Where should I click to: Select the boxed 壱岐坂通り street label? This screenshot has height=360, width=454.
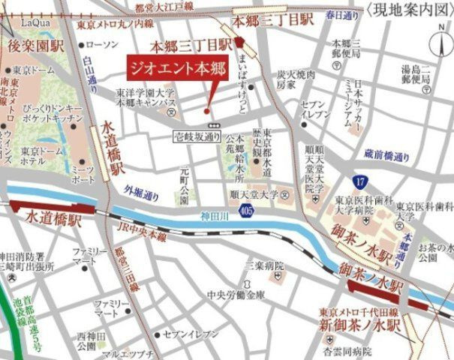tap(197, 136)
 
